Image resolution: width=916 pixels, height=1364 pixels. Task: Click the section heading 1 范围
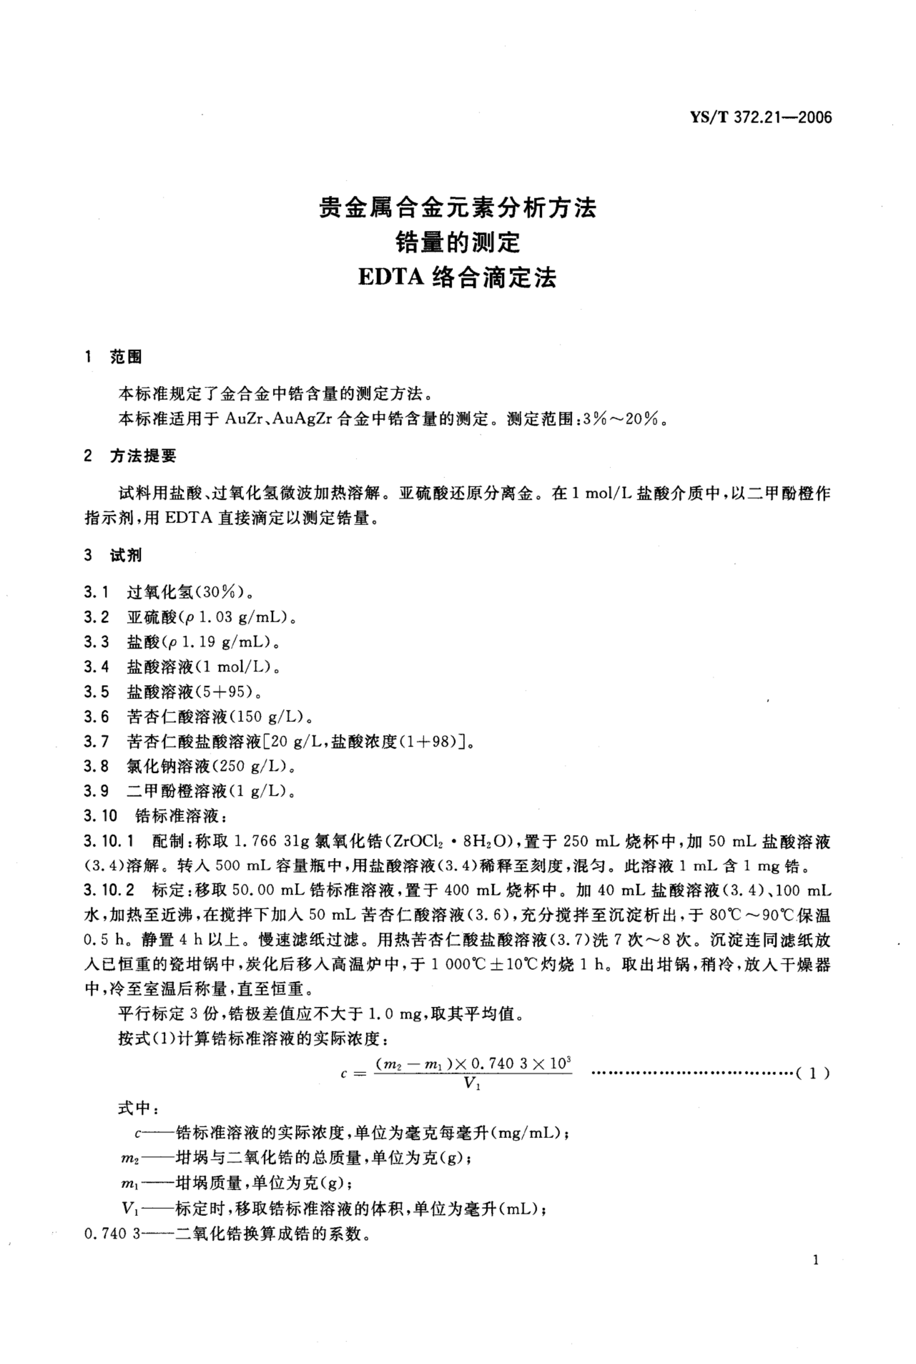point(114,357)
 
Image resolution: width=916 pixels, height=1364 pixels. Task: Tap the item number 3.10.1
point(109,841)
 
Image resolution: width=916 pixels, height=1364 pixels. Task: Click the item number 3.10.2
point(109,890)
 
